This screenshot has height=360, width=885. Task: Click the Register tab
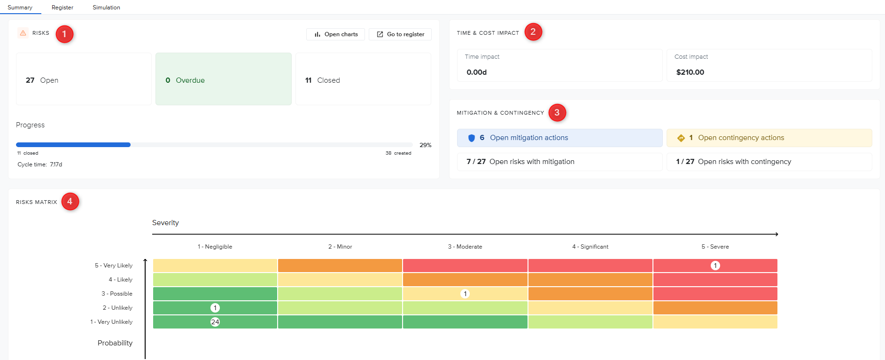[62, 8]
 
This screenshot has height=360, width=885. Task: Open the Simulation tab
[106, 8]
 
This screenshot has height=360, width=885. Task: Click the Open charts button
[335, 34]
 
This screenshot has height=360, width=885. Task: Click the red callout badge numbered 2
[533, 32]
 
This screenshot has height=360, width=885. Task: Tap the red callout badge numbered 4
[70, 202]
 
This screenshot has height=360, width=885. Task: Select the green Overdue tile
[223, 79]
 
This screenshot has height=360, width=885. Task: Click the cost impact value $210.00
[690, 72]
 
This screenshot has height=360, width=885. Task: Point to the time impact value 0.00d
[476, 72]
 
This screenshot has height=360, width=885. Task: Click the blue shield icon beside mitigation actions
[472, 138]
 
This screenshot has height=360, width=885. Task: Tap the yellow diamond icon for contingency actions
[681, 138]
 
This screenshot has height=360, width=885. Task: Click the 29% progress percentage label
[425, 145]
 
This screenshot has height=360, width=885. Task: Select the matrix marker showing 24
[215, 322]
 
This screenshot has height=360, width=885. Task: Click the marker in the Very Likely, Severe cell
[715, 266]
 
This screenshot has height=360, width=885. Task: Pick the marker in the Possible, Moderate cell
[465, 294]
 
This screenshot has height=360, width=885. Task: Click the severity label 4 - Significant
[590, 247]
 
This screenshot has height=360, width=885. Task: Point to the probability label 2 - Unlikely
[117, 308]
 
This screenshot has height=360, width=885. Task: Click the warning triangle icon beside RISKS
[23, 33]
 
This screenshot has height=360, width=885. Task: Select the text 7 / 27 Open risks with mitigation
[520, 162]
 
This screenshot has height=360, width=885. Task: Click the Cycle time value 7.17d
[56, 164]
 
